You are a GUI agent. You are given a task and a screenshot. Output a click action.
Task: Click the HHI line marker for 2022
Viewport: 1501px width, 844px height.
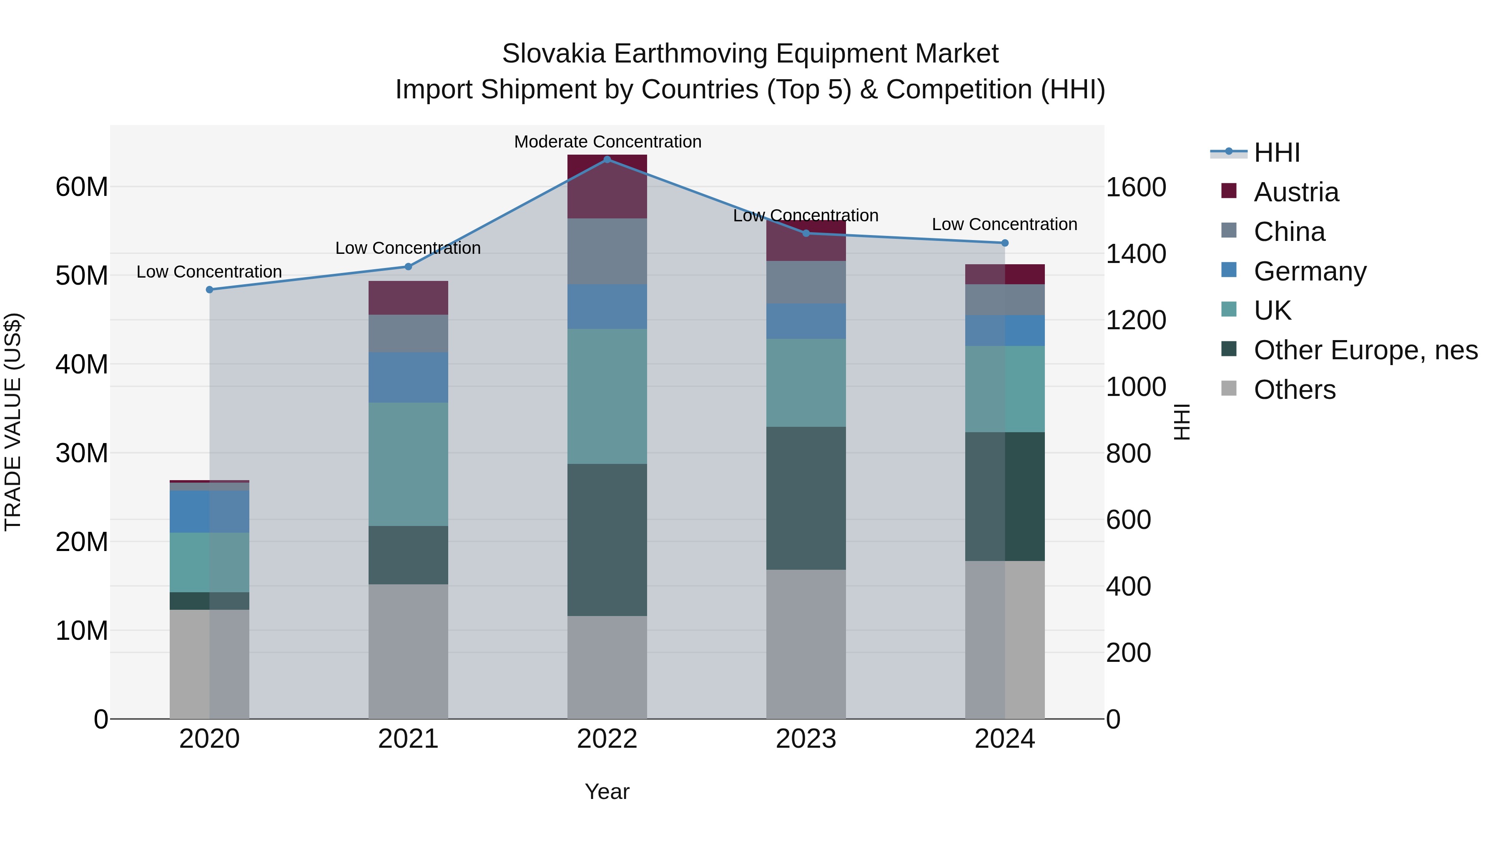tap(607, 159)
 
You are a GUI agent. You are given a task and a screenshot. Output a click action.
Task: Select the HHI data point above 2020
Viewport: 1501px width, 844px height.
tap(210, 290)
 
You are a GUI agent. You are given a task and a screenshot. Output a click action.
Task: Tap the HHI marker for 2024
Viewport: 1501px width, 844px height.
tap(1004, 243)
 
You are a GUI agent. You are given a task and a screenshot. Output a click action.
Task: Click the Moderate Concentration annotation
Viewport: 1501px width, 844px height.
tap(607, 142)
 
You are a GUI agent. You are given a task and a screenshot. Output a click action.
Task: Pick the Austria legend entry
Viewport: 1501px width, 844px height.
tap(1296, 192)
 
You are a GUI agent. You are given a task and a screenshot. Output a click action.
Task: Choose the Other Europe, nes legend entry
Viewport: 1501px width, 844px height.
tap(1365, 350)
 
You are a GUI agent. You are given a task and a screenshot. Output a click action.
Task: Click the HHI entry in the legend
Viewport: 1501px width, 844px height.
tap(1276, 153)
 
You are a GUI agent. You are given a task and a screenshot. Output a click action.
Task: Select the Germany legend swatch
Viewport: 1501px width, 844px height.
tap(1229, 270)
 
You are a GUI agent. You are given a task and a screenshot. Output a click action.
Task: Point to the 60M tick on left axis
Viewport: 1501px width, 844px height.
tap(82, 187)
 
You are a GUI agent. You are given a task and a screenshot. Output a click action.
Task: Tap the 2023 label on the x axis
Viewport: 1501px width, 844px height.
tap(806, 739)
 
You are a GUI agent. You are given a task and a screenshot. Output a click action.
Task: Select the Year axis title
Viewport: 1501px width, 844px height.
tap(607, 791)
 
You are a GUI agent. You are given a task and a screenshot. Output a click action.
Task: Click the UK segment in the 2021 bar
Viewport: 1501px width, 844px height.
tap(408, 464)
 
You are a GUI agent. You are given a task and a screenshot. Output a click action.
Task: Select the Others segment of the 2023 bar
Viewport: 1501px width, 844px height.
tap(806, 644)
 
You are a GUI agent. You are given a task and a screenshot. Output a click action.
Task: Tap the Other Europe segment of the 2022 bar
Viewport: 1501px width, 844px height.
tap(607, 539)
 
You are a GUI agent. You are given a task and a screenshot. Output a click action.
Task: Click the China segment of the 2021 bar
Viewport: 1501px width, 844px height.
tap(408, 333)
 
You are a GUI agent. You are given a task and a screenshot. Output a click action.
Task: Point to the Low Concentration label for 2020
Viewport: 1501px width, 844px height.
tap(209, 272)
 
